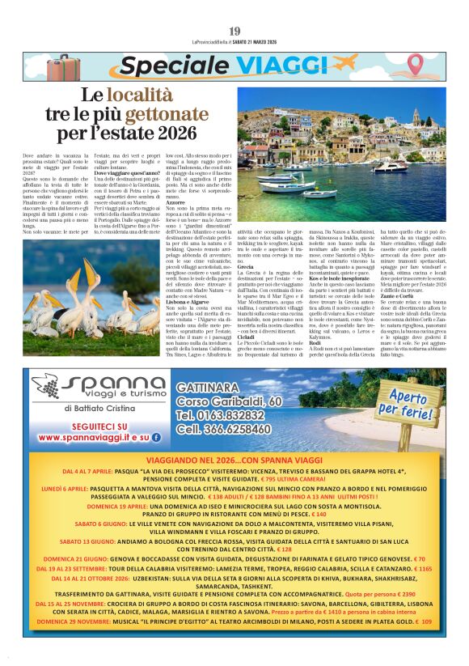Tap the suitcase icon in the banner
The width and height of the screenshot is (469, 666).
(63, 68)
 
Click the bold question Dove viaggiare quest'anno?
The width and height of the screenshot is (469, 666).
(122, 173)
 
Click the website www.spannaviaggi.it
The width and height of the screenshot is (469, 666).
(82, 437)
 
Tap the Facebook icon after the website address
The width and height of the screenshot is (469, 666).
(156, 437)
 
